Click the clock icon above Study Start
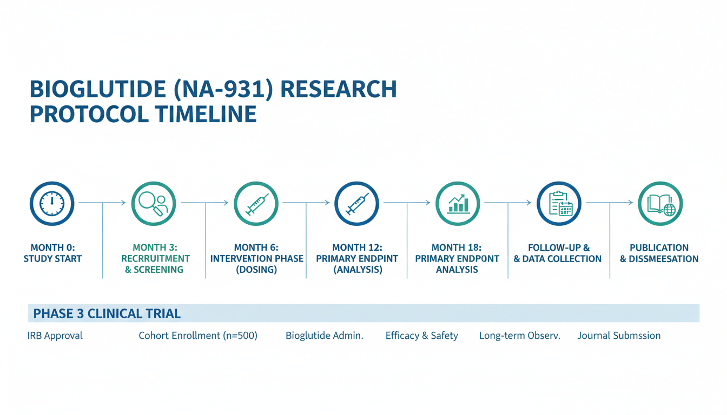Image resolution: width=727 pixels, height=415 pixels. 52,204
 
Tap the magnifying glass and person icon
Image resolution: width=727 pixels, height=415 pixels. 154,204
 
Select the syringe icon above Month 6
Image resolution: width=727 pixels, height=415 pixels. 256,204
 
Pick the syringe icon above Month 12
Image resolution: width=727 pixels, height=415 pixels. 356,204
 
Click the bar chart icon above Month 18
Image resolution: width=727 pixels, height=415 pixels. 458,204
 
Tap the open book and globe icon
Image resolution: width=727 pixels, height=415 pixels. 660,204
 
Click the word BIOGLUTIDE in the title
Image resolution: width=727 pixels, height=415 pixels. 98,89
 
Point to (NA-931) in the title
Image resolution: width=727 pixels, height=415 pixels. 223,89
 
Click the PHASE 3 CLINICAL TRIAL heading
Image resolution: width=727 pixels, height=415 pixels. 107,313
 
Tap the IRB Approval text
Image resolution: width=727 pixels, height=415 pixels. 55,336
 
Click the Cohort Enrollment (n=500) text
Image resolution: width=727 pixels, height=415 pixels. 198,336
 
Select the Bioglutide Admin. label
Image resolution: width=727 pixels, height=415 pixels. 324,336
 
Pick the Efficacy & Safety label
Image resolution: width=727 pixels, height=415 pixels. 421,336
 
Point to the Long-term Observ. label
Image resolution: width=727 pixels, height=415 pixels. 520,336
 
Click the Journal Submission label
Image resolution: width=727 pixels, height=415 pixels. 619,336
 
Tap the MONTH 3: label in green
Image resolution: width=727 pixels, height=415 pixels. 155,247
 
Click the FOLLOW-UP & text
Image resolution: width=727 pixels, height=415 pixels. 559,247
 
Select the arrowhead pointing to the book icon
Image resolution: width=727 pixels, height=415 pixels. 631,203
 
